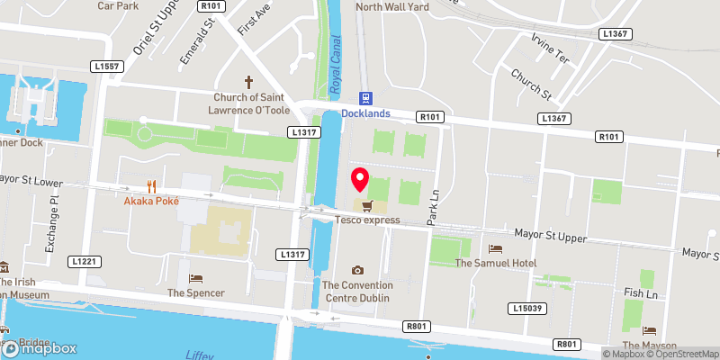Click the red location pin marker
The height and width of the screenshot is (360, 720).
coord(360,180)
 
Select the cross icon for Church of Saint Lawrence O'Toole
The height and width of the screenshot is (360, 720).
coord(249,82)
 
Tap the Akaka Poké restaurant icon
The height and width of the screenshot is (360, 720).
coord(152,186)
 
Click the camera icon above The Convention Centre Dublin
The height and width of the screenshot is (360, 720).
coord(358,270)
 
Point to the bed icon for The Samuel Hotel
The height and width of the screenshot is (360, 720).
coord(494,248)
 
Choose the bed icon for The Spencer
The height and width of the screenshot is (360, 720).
coord(195,278)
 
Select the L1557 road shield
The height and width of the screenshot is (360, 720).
coord(106,66)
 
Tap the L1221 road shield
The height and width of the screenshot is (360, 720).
coord(84,261)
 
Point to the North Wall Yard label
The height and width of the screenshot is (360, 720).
coord(394,7)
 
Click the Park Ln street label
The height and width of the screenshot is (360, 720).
coord(433,206)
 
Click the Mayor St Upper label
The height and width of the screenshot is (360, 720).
coord(550,236)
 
